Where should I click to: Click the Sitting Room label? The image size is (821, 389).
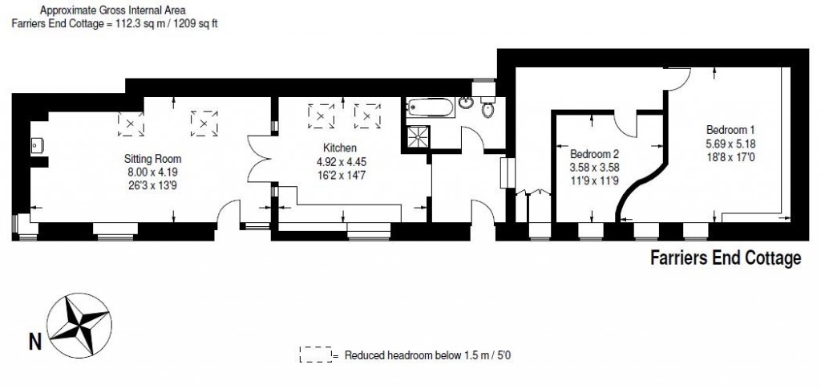point(152,158)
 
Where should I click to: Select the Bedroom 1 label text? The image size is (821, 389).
point(730,130)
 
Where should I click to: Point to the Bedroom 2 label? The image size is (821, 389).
point(594,154)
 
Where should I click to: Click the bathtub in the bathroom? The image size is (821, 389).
point(431,106)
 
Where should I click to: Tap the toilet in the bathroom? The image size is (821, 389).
point(486,111)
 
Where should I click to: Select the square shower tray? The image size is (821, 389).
point(417,137)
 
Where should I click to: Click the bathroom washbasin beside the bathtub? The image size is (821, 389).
point(466,104)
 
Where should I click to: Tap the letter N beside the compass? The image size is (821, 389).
point(34,342)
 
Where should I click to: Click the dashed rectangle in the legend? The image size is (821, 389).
point(315,355)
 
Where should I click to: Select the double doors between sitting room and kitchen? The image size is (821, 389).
point(259,160)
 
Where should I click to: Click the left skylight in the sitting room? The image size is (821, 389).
point(131,123)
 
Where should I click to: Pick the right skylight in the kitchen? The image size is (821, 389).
point(366,117)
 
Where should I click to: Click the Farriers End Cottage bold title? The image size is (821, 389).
point(725,258)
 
